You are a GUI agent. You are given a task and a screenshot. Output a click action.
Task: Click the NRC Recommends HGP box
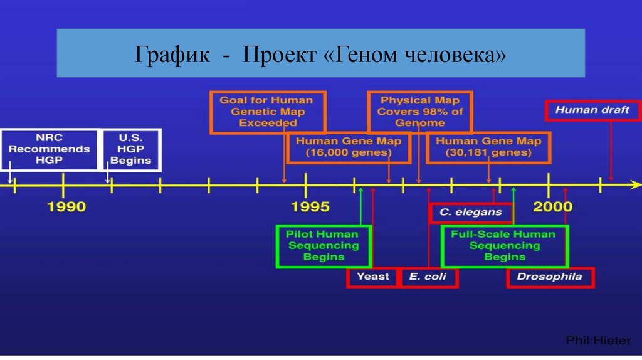49,149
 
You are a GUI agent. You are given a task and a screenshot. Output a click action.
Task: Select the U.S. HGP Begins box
131,149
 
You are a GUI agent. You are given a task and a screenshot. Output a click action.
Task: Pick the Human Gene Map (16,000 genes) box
348,147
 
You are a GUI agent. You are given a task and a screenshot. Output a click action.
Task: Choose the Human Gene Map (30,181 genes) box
488,147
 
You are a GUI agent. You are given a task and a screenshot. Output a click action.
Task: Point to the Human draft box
592,110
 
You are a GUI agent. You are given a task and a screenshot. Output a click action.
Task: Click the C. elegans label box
470,213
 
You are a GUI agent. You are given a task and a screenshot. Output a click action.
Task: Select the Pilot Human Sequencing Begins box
324,245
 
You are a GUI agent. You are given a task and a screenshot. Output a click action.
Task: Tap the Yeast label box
372,277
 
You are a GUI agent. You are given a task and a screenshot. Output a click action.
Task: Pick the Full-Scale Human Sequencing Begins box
504,245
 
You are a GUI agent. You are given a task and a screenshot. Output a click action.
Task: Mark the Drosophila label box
549,277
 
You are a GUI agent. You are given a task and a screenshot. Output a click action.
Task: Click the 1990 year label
67,206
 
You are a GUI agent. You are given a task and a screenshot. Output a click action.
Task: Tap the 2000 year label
552,206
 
